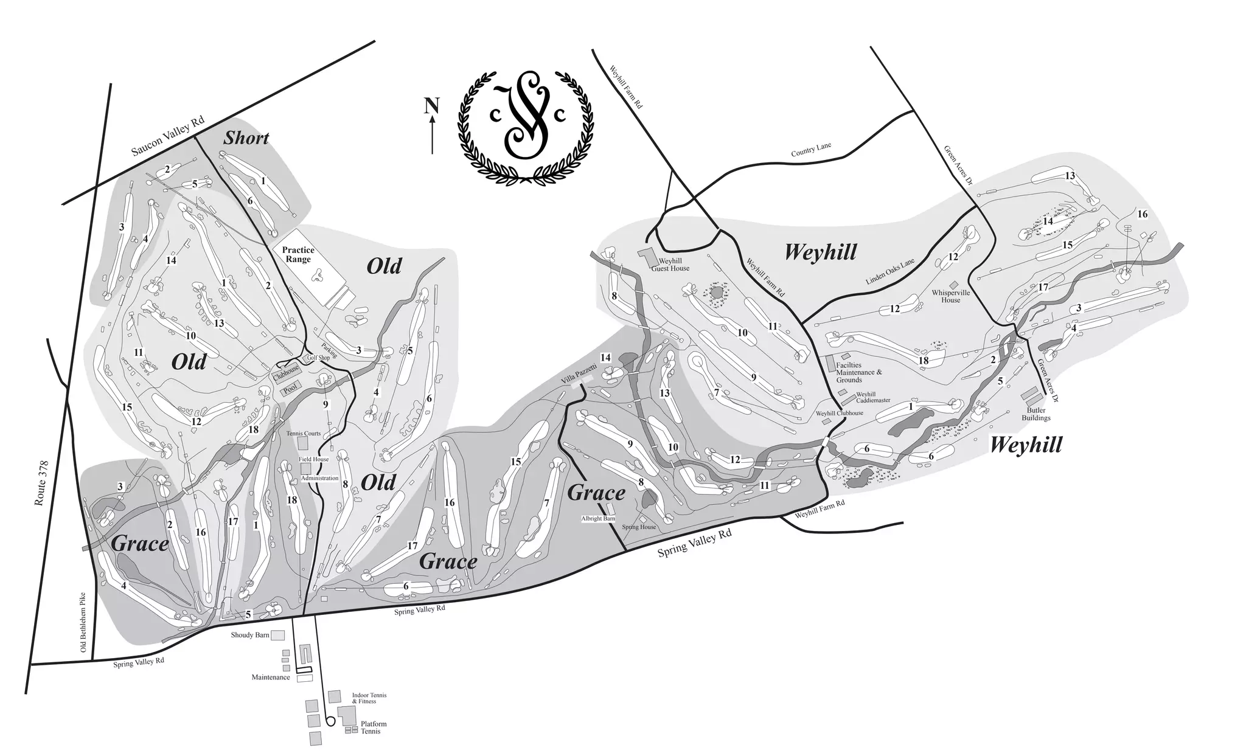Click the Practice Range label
coord(298,254)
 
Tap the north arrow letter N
coord(431,106)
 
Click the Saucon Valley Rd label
coord(167,137)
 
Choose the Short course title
coord(246,138)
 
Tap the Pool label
coord(290,392)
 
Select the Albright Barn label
coord(598,519)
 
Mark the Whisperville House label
coord(950,296)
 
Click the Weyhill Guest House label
coord(670,264)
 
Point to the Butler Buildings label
coord(1035,414)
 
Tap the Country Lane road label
coord(810,150)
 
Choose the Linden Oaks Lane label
coord(889,272)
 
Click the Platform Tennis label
coord(373,727)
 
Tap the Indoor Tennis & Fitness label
coord(369,698)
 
